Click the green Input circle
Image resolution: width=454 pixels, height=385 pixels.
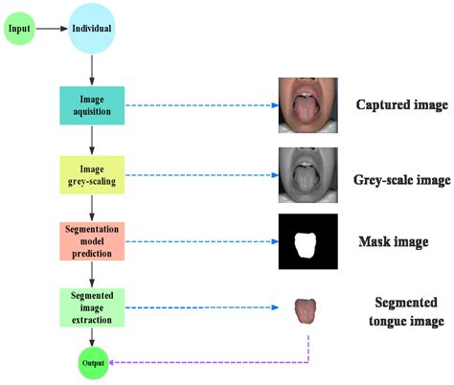click(21, 29)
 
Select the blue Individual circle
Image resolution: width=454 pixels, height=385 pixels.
click(92, 29)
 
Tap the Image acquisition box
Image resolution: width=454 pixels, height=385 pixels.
click(92, 104)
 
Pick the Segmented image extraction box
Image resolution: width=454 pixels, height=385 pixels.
click(92, 308)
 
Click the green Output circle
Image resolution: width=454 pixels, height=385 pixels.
click(92, 363)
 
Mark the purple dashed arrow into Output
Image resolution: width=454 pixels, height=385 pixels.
click(211, 363)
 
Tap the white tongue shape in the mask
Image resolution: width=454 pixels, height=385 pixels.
click(306, 244)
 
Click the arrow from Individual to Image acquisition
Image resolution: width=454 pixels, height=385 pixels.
click(92, 70)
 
